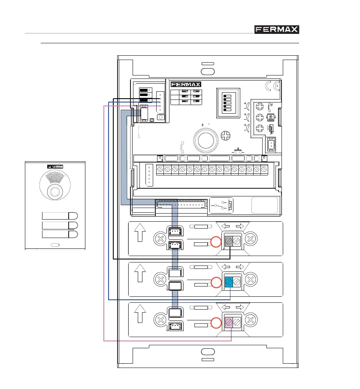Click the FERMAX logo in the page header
tap(276, 30)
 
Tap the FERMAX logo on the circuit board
tap(186, 84)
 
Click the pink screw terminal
tap(228, 322)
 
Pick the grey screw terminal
tap(228, 242)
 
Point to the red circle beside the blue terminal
tap(216, 283)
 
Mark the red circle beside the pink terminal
tap(216, 323)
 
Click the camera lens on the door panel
tap(54, 191)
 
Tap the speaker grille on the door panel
tap(54, 180)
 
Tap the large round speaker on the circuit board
tap(205, 140)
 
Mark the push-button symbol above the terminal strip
tap(237, 151)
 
